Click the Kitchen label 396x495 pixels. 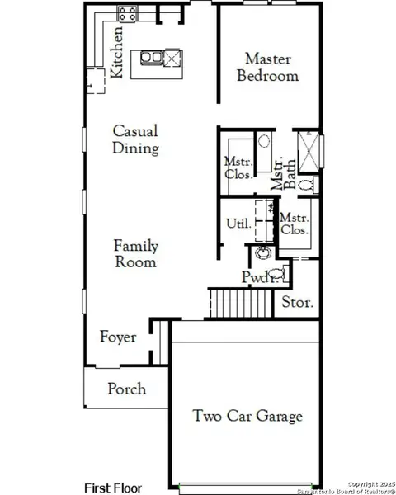pyautogui.click(x=118, y=51)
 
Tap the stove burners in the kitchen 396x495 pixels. pyautogui.click(x=128, y=13)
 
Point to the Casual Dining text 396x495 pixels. pyautogui.click(x=135, y=140)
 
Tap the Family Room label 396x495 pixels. pyautogui.click(x=136, y=254)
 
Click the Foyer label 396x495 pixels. pyautogui.click(x=118, y=337)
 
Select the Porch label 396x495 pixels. pyautogui.click(x=127, y=389)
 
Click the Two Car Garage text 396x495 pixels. pyautogui.click(x=247, y=416)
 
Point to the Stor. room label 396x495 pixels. pyautogui.click(x=298, y=303)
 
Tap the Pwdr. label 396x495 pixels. pyautogui.click(x=255, y=276)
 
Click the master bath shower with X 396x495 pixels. pyautogui.click(x=310, y=152)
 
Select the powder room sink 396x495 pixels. pyautogui.click(x=263, y=252)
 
